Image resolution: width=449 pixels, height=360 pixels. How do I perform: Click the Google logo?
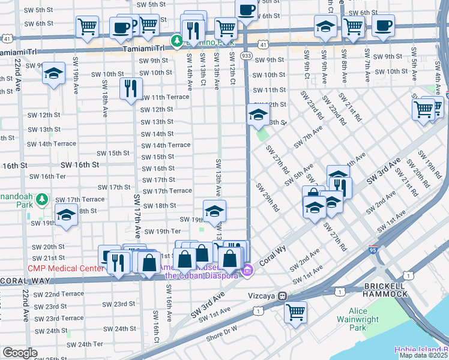tap(19, 353)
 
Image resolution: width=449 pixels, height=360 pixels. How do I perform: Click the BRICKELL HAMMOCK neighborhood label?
tap(385, 289)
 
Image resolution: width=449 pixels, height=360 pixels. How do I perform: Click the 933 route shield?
tap(247, 55)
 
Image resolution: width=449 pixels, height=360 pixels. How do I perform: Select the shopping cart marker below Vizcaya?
tap(295, 311)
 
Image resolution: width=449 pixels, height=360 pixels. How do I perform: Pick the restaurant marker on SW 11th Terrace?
tap(130, 88)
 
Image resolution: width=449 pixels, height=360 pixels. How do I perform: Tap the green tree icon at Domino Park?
tap(177, 41)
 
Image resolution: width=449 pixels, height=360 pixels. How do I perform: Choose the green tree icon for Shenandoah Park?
tap(41, 199)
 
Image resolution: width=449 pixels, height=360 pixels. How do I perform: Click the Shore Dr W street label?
tap(223, 328)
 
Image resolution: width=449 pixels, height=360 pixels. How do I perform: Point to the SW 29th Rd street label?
tap(267, 197)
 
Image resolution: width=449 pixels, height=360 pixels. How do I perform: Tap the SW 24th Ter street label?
tap(85, 344)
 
